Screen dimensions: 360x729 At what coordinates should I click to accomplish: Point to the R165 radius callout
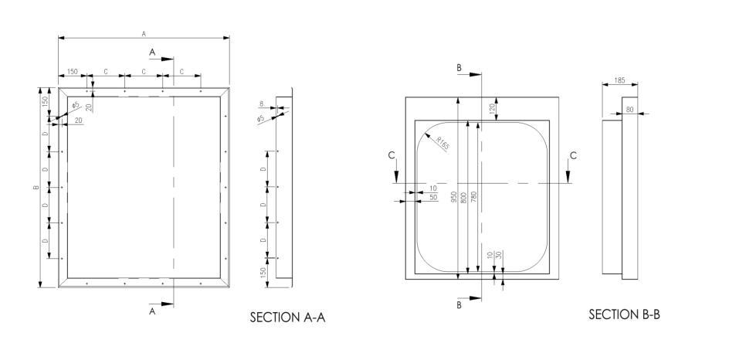point(442,142)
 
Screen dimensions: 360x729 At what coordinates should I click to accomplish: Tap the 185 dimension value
point(619,80)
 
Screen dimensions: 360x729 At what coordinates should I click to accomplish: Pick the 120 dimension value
point(490,109)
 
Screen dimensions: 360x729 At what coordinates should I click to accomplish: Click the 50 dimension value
point(433,198)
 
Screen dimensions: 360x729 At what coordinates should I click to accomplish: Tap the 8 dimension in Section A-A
point(262,102)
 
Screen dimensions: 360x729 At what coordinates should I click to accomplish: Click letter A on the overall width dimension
point(144,33)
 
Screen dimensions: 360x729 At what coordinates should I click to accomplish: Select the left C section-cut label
point(393,155)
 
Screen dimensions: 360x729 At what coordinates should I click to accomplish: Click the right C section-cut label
point(572,155)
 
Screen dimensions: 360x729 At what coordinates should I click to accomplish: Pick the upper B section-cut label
point(459,69)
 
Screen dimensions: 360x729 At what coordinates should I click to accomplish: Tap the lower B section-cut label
point(459,306)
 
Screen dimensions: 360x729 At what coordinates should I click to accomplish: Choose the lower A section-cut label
point(152,311)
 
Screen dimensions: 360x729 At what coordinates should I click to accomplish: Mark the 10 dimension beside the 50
point(433,188)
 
